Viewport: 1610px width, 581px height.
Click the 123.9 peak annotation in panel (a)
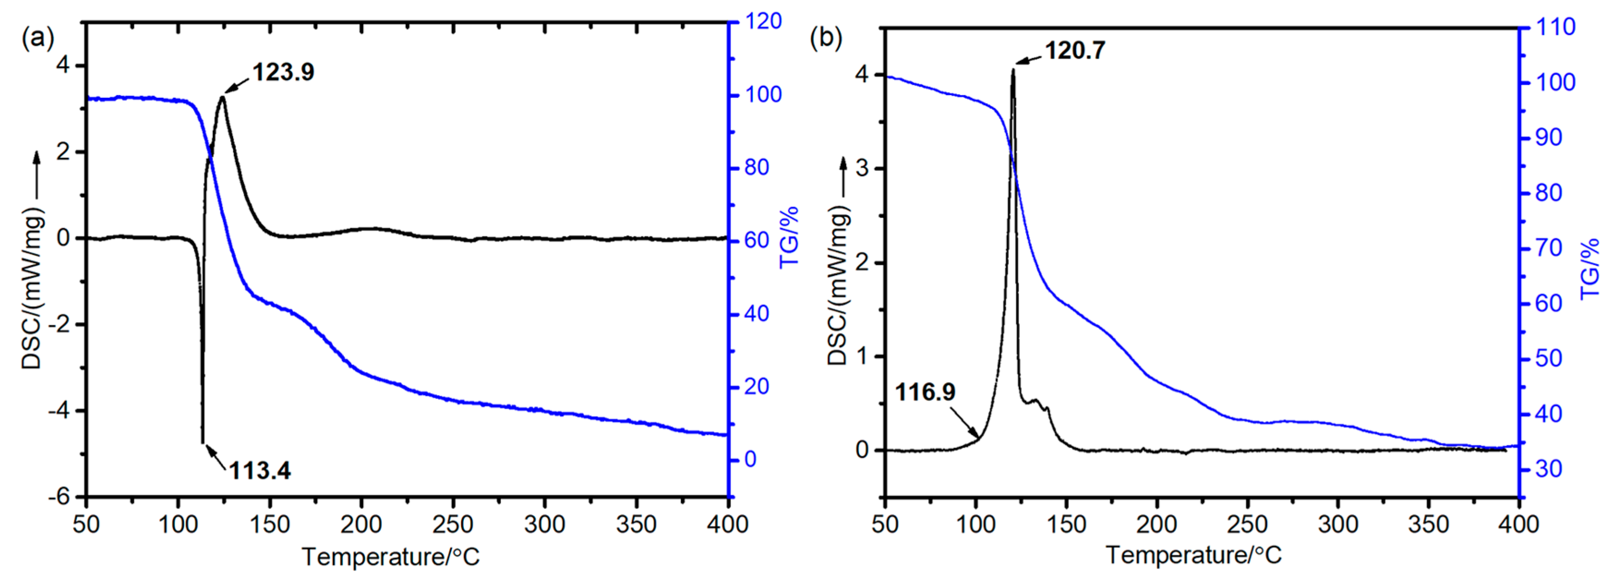click(283, 72)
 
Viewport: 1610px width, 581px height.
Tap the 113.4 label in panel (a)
click(259, 470)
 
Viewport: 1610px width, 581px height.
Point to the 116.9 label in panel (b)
click(925, 392)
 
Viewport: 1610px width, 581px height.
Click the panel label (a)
click(37, 39)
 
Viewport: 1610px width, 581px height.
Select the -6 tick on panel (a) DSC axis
click(60, 497)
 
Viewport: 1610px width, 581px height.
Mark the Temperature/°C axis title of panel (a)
click(390, 557)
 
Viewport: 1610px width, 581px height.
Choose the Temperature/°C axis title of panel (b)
click(1194, 555)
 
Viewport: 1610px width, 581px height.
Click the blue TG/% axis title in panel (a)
click(789, 237)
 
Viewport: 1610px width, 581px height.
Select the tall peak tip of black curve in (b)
click(1013, 69)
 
